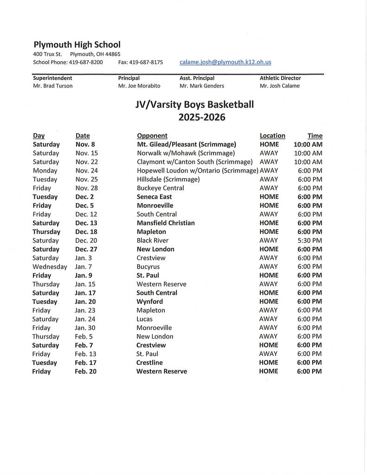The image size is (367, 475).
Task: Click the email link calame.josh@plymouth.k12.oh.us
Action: (x=225, y=62)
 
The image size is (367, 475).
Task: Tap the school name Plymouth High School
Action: (x=77, y=45)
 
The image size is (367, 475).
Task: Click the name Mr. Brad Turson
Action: (x=53, y=86)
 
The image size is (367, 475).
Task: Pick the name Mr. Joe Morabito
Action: (x=139, y=86)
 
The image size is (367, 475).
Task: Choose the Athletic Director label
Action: (x=280, y=78)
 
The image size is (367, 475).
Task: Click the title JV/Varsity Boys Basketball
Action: (x=194, y=105)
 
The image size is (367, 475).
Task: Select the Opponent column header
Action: (x=152, y=135)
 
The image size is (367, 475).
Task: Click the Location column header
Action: (x=272, y=135)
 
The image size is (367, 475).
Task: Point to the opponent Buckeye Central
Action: (x=160, y=188)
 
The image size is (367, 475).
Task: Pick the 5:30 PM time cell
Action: (x=310, y=240)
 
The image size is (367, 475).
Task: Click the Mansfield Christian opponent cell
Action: (x=166, y=223)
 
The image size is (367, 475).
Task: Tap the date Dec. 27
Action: (x=86, y=249)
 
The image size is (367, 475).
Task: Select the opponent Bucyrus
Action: (x=148, y=267)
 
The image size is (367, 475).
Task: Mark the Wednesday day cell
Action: (x=50, y=267)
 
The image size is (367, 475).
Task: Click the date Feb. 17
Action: (x=86, y=363)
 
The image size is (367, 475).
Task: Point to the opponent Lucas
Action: (x=144, y=319)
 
